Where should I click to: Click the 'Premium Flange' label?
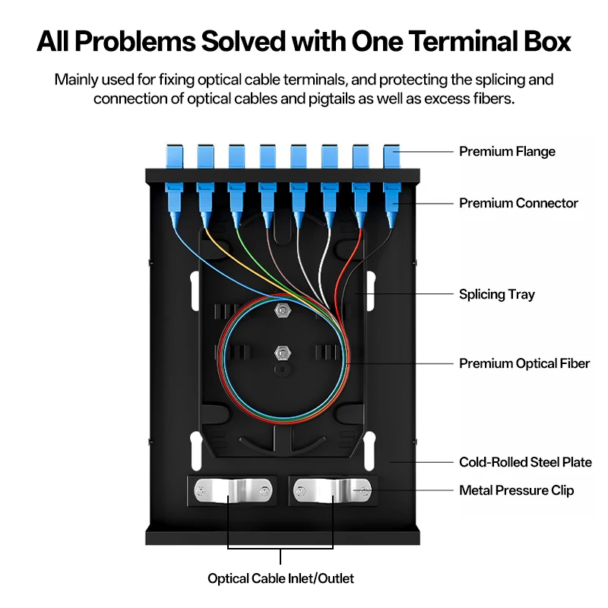point(507,151)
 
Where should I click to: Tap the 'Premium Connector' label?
point(518,203)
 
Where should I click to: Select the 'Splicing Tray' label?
point(497,294)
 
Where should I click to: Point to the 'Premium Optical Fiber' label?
point(524,363)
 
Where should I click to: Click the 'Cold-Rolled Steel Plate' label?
point(525,462)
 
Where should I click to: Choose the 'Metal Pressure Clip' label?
point(517,490)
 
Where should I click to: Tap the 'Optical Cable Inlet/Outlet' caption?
point(280,578)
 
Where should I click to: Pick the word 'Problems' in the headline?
point(135,41)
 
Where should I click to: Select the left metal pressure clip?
point(233,491)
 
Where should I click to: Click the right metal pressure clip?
point(332,491)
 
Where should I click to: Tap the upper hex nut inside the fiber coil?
point(283,310)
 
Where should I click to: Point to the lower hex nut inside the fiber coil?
point(283,353)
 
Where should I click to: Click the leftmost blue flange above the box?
point(175,157)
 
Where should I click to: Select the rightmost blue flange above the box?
point(391,157)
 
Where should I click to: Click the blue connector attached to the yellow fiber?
point(205,204)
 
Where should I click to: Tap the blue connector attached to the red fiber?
point(360,204)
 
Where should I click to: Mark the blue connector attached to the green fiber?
point(236,204)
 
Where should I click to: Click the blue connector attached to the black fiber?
point(391,204)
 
